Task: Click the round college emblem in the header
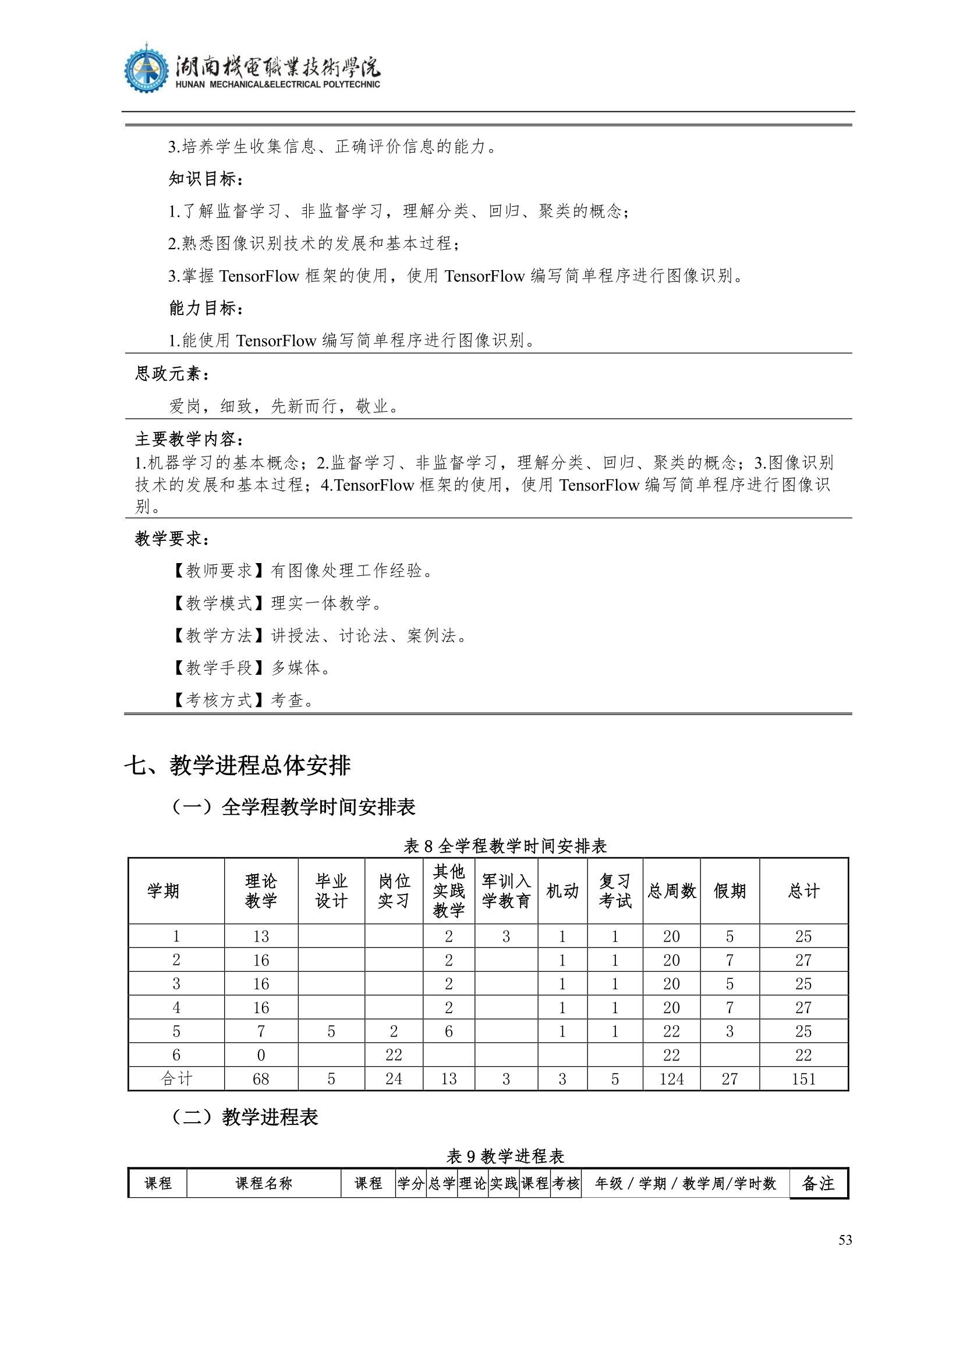(x=146, y=68)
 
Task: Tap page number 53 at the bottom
(x=845, y=1240)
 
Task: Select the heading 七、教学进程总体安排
(x=237, y=765)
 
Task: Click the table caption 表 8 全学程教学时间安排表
(x=505, y=846)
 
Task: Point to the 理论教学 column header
(x=261, y=890)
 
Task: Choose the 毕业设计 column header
(x=331, y=890)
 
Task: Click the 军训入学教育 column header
(x=506, y=890)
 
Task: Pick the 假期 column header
(x=730, y=890)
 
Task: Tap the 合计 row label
(x=176, y=1078)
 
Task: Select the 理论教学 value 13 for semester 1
(x=261, y=936)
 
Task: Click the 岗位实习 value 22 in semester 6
(x=394, y=1055)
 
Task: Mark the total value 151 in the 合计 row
(x=803, y=1078)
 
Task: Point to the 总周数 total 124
(x=671, y=1078)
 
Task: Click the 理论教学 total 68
(x=261, y=1078)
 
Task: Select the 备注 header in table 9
(x=817, y=1183)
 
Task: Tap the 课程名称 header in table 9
(x=264, y=1183)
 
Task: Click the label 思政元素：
(x=172, y=374)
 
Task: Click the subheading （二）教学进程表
(x=245, y=1117)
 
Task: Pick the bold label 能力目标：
(x=206, y=308)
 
